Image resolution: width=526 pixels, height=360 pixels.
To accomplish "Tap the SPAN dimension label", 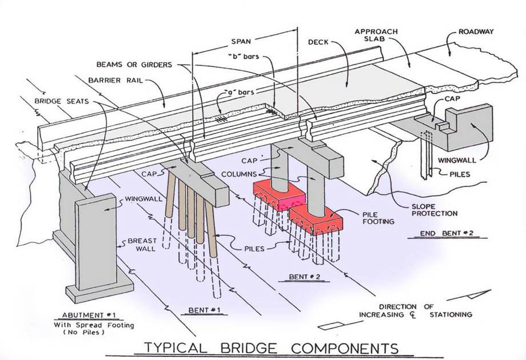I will (245, 42).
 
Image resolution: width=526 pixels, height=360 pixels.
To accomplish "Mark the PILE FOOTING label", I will (375, 217).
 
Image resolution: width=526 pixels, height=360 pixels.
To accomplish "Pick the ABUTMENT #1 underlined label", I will (92, 315).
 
